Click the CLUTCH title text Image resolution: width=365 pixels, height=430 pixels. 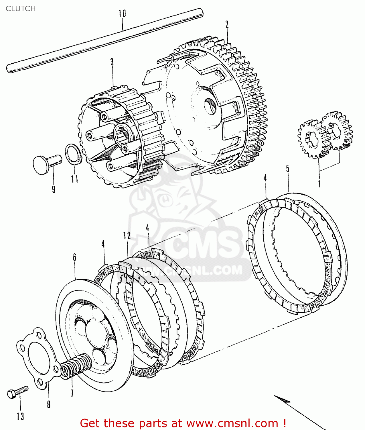click(21, 9)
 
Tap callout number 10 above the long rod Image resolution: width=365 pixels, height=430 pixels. click(122, 13)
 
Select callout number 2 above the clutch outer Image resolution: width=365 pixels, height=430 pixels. click(227, 24)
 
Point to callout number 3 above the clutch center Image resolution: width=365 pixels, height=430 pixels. click(112, 62)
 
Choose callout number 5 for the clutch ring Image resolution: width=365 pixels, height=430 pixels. click(288, 169)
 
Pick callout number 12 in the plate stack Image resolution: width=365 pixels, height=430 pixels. click(127, 236)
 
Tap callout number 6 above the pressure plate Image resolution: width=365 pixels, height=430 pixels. click(74, 257)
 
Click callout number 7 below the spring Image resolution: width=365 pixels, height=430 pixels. click(72, 392)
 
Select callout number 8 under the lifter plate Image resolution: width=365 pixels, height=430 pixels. click(49, 404)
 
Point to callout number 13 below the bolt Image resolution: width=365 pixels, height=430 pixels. click(20, 416)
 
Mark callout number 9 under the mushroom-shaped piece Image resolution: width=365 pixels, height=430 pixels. click(54, 189)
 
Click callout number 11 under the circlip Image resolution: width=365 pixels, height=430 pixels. click(74, 179)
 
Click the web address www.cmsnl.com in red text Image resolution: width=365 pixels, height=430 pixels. click(232, 423)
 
